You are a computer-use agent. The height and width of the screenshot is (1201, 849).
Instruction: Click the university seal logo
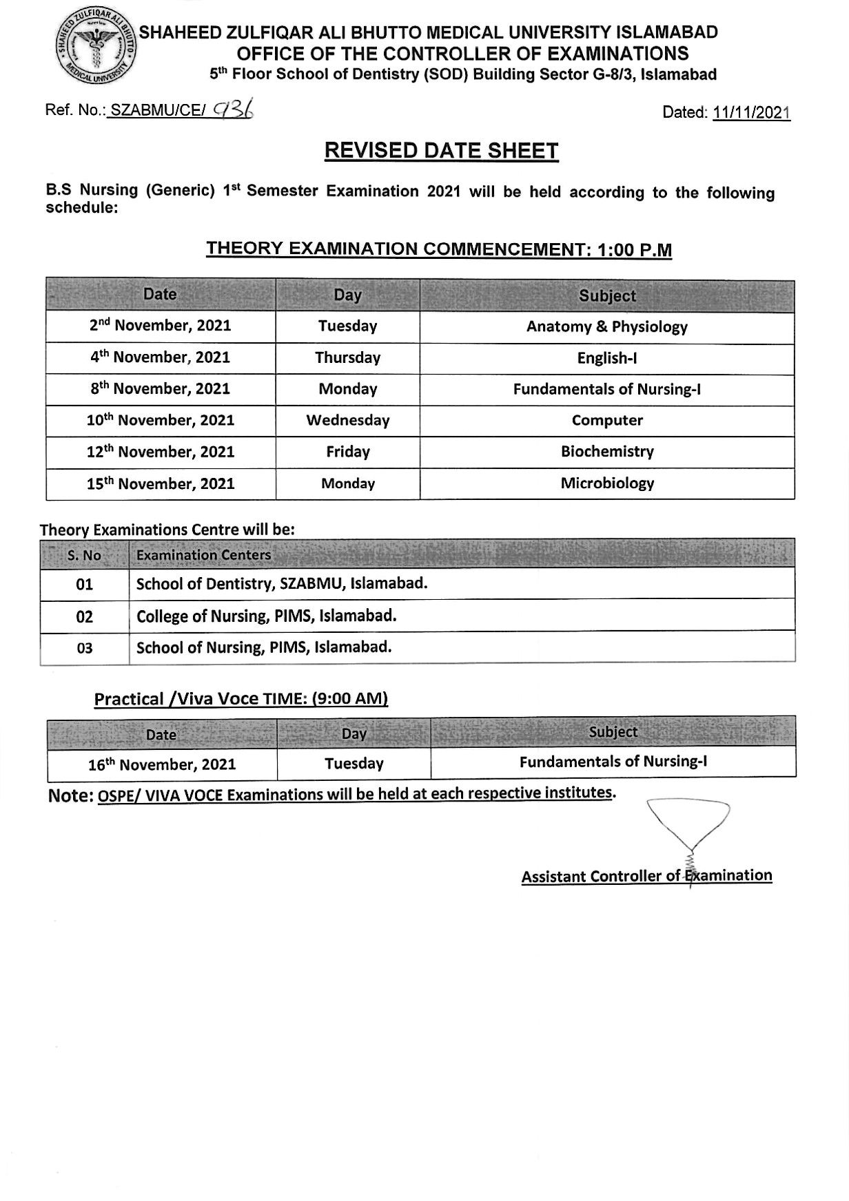point(96,48)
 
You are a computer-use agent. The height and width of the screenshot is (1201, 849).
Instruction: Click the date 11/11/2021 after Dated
point(751,113)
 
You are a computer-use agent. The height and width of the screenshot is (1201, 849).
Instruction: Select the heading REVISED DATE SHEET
point(441,151)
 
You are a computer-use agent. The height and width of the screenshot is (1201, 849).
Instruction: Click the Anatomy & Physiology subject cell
point(606,326)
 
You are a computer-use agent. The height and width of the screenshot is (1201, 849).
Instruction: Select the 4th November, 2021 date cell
point(160,357)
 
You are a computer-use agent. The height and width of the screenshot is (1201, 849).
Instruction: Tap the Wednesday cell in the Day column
point(347,420)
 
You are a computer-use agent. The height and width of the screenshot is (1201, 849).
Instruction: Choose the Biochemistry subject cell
point(606,452)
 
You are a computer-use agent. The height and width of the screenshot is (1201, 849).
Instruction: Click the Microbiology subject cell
point(606,483)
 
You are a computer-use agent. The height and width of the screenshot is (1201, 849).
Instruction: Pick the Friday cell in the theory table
point(347,452)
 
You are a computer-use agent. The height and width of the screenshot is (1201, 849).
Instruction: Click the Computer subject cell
point(606,420)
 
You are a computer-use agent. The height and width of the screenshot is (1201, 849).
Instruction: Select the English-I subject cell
point(606,357)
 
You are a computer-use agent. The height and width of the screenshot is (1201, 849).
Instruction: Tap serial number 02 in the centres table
point(84,616)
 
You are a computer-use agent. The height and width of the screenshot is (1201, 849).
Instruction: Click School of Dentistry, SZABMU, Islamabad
point(282,584)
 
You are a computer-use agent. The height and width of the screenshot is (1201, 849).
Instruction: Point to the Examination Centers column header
point(203,555)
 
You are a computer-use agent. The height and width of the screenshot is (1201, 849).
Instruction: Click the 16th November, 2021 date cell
point(162,764)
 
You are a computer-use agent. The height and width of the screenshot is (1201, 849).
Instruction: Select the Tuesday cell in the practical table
point(354,764)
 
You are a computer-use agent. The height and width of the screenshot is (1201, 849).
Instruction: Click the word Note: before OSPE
point(70,796)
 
